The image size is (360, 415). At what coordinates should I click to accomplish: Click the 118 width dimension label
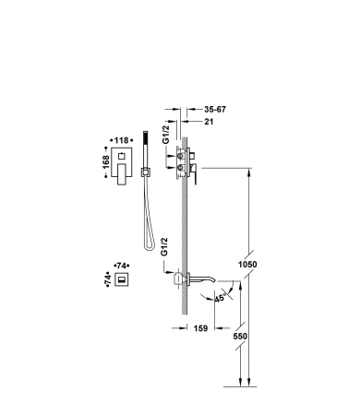point(121,140)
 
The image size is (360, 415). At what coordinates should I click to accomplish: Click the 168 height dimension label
point(105,162)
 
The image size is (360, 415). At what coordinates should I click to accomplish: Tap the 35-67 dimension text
point(215,110)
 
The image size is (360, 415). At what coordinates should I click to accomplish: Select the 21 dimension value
point(209,122)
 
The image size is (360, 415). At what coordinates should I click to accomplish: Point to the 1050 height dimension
point(247,265)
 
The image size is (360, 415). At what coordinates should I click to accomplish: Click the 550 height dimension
point(240,337)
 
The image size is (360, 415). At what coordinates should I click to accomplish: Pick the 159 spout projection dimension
point(200,328)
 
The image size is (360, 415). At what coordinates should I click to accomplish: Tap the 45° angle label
point(221,298)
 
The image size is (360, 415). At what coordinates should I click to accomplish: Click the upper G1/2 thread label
point(166,135)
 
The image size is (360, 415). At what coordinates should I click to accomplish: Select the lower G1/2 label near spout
point(164,246)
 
